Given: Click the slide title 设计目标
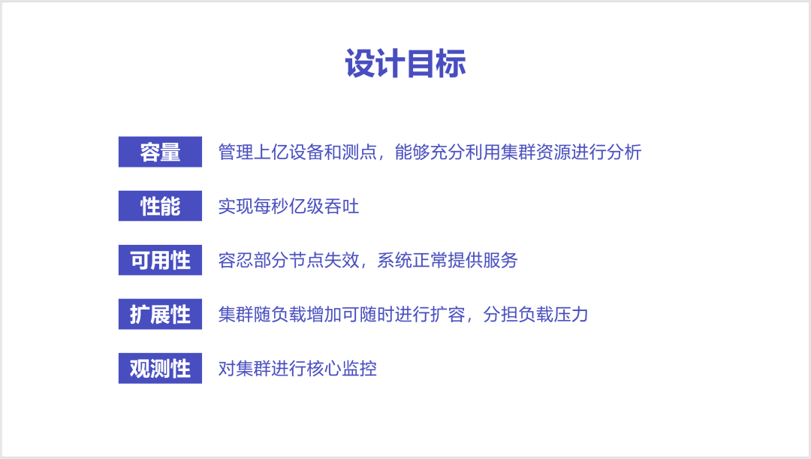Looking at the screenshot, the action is point(405,64).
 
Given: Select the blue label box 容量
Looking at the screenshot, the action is point(161,152).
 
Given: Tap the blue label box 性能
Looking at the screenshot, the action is point(161,206).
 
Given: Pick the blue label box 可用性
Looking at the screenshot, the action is point(161,260).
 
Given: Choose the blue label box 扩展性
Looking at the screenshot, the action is point(161,314).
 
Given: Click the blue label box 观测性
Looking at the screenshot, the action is point(161,368).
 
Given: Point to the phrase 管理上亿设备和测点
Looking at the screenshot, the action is point(297,152).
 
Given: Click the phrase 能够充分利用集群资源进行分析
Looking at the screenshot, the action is point(518,152).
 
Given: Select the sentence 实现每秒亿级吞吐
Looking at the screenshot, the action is point(288,207).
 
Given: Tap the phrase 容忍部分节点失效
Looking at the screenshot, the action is point(288,260).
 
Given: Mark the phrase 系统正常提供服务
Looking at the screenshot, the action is point(448,260).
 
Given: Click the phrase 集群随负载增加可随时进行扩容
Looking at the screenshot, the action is point(342,315).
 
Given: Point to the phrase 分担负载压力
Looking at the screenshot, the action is point(535,315).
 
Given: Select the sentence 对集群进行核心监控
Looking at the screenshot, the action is point(297,368).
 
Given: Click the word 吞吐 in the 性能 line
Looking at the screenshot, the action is point(342,207).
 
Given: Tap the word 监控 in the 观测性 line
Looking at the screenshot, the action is point(360,368).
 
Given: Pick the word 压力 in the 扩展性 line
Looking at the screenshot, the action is point(571,315).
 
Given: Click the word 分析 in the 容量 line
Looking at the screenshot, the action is point(624,152).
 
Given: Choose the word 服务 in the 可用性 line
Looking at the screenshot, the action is point(501,260).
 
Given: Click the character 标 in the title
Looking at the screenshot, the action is point(451,64).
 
